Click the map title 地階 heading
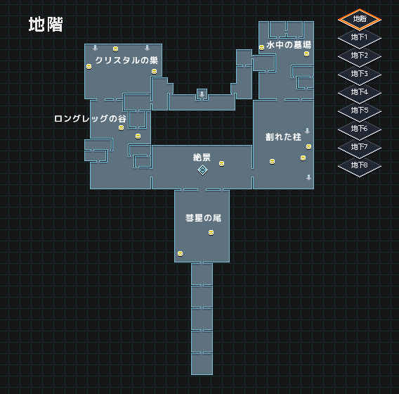coord(46,25)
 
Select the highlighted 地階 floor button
coord(360,20)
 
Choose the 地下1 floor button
coord(360,38)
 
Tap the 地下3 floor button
coord(360,74)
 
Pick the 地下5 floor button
coord(360,111)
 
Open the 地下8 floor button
coord(360,165)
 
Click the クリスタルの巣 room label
coord(126,61)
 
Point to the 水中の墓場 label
coord(289,45)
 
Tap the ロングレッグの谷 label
coord(91,119)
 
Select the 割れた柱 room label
coord(283,137)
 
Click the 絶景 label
coord(202,158)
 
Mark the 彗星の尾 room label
coord(203,218)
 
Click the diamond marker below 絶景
coord(202,170)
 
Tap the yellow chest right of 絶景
coord(222,164)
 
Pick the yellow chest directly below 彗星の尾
coord(211,233)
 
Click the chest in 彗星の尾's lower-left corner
coord(180,253)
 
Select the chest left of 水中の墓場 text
coord(261,48)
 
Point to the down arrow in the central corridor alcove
coord(202,94)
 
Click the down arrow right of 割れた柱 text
coord(308,131)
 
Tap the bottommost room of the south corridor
coord(202,364)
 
